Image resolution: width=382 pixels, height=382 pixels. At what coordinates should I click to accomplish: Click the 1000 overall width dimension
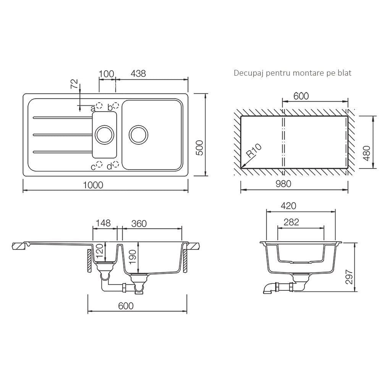(93, 185)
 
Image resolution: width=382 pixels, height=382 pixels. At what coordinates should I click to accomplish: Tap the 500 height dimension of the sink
(199, 148)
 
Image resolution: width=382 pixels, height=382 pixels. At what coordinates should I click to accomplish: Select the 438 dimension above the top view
(138, 73)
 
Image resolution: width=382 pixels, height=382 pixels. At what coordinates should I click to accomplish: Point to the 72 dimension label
(75, 84)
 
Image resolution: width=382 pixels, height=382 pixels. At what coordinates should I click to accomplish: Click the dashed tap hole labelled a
(99, 105)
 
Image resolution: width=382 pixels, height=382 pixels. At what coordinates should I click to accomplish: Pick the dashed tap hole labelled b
(116, 105)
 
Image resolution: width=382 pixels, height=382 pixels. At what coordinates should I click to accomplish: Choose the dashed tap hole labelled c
(99, 165)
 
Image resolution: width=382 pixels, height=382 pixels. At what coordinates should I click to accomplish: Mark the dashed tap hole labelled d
(116, 165)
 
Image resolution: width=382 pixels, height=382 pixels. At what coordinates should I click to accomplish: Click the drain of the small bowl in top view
(105, 135)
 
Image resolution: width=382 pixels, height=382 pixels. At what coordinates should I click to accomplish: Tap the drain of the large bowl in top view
(138, 135)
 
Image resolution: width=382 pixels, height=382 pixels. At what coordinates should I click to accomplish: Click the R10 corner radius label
(254, 151)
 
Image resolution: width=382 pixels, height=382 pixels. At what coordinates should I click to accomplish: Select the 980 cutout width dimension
(283, 184)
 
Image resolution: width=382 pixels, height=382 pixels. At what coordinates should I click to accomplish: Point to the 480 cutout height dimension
(367, 153)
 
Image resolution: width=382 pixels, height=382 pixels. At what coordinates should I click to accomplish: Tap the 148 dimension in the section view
(103, 223)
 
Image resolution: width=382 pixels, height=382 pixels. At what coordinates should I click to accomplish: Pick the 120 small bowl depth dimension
(99, 251)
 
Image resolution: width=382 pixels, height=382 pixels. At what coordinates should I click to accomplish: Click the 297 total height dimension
(349, 277)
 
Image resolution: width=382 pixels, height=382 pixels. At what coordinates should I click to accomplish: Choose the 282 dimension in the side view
(291, 222)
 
